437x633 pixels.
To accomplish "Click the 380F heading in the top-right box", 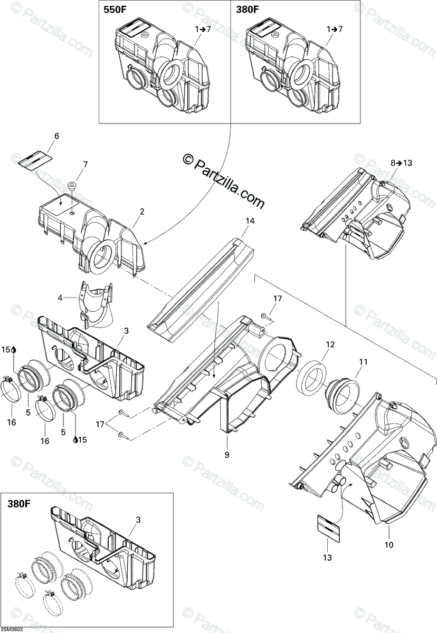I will pos(248,9).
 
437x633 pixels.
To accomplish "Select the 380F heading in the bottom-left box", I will pos(20,504).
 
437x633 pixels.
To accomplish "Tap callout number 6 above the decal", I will pos(56,136).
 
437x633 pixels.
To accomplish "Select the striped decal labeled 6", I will pos(35,159).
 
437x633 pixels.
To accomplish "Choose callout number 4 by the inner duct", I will pos(60,298).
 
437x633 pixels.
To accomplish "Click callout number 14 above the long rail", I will pos(250,221).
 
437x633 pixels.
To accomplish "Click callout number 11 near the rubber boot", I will pos(363,362).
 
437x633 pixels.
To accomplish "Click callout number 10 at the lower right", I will pos(389,545).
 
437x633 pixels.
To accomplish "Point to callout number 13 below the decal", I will pos(327,557).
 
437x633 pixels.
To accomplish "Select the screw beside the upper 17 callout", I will pos(263,315).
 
